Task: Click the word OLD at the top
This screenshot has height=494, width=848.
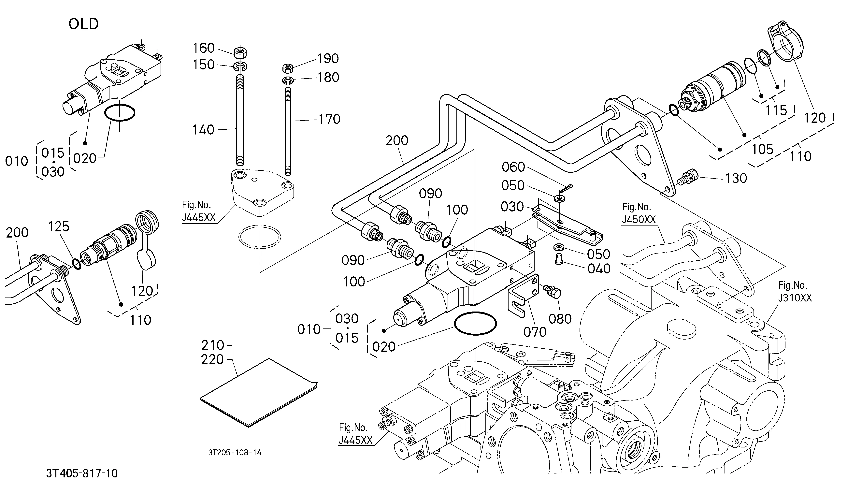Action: pos(83,24)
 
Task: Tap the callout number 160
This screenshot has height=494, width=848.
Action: pos(204,48)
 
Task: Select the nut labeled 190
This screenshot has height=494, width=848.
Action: pos(288,68)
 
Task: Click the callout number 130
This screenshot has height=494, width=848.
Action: pos(736,178)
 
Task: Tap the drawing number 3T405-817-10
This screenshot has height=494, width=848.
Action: pos(82,473)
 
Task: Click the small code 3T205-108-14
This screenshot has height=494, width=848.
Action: pos(235,453)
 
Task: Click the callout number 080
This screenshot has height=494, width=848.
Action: pos(560,319)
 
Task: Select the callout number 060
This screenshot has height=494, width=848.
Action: pos(513,167)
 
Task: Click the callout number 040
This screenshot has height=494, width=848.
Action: pos(599,269)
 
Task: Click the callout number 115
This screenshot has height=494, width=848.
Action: pos(777,110)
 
